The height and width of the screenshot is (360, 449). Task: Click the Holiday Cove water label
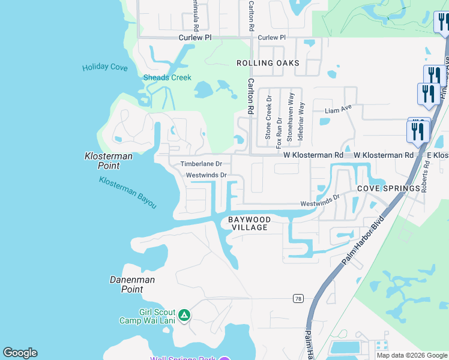click(105, 67)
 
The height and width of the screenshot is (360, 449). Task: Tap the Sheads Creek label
click(167, 77)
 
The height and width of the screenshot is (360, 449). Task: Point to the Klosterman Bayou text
click(128, 193)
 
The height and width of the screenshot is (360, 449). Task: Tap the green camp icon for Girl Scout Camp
click(184, 314)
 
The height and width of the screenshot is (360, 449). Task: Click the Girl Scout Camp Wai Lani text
click(157, 316)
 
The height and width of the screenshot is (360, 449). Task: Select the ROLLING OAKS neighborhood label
click(267, 63)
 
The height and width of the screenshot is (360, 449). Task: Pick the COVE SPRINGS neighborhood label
click(388, 188)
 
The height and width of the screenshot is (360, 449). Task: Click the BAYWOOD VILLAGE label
click(249, 224)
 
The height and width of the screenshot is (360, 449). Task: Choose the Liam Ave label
click(337, 110)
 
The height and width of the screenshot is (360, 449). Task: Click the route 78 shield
click(297, 298)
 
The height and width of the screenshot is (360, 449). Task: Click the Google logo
click(20, 353)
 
